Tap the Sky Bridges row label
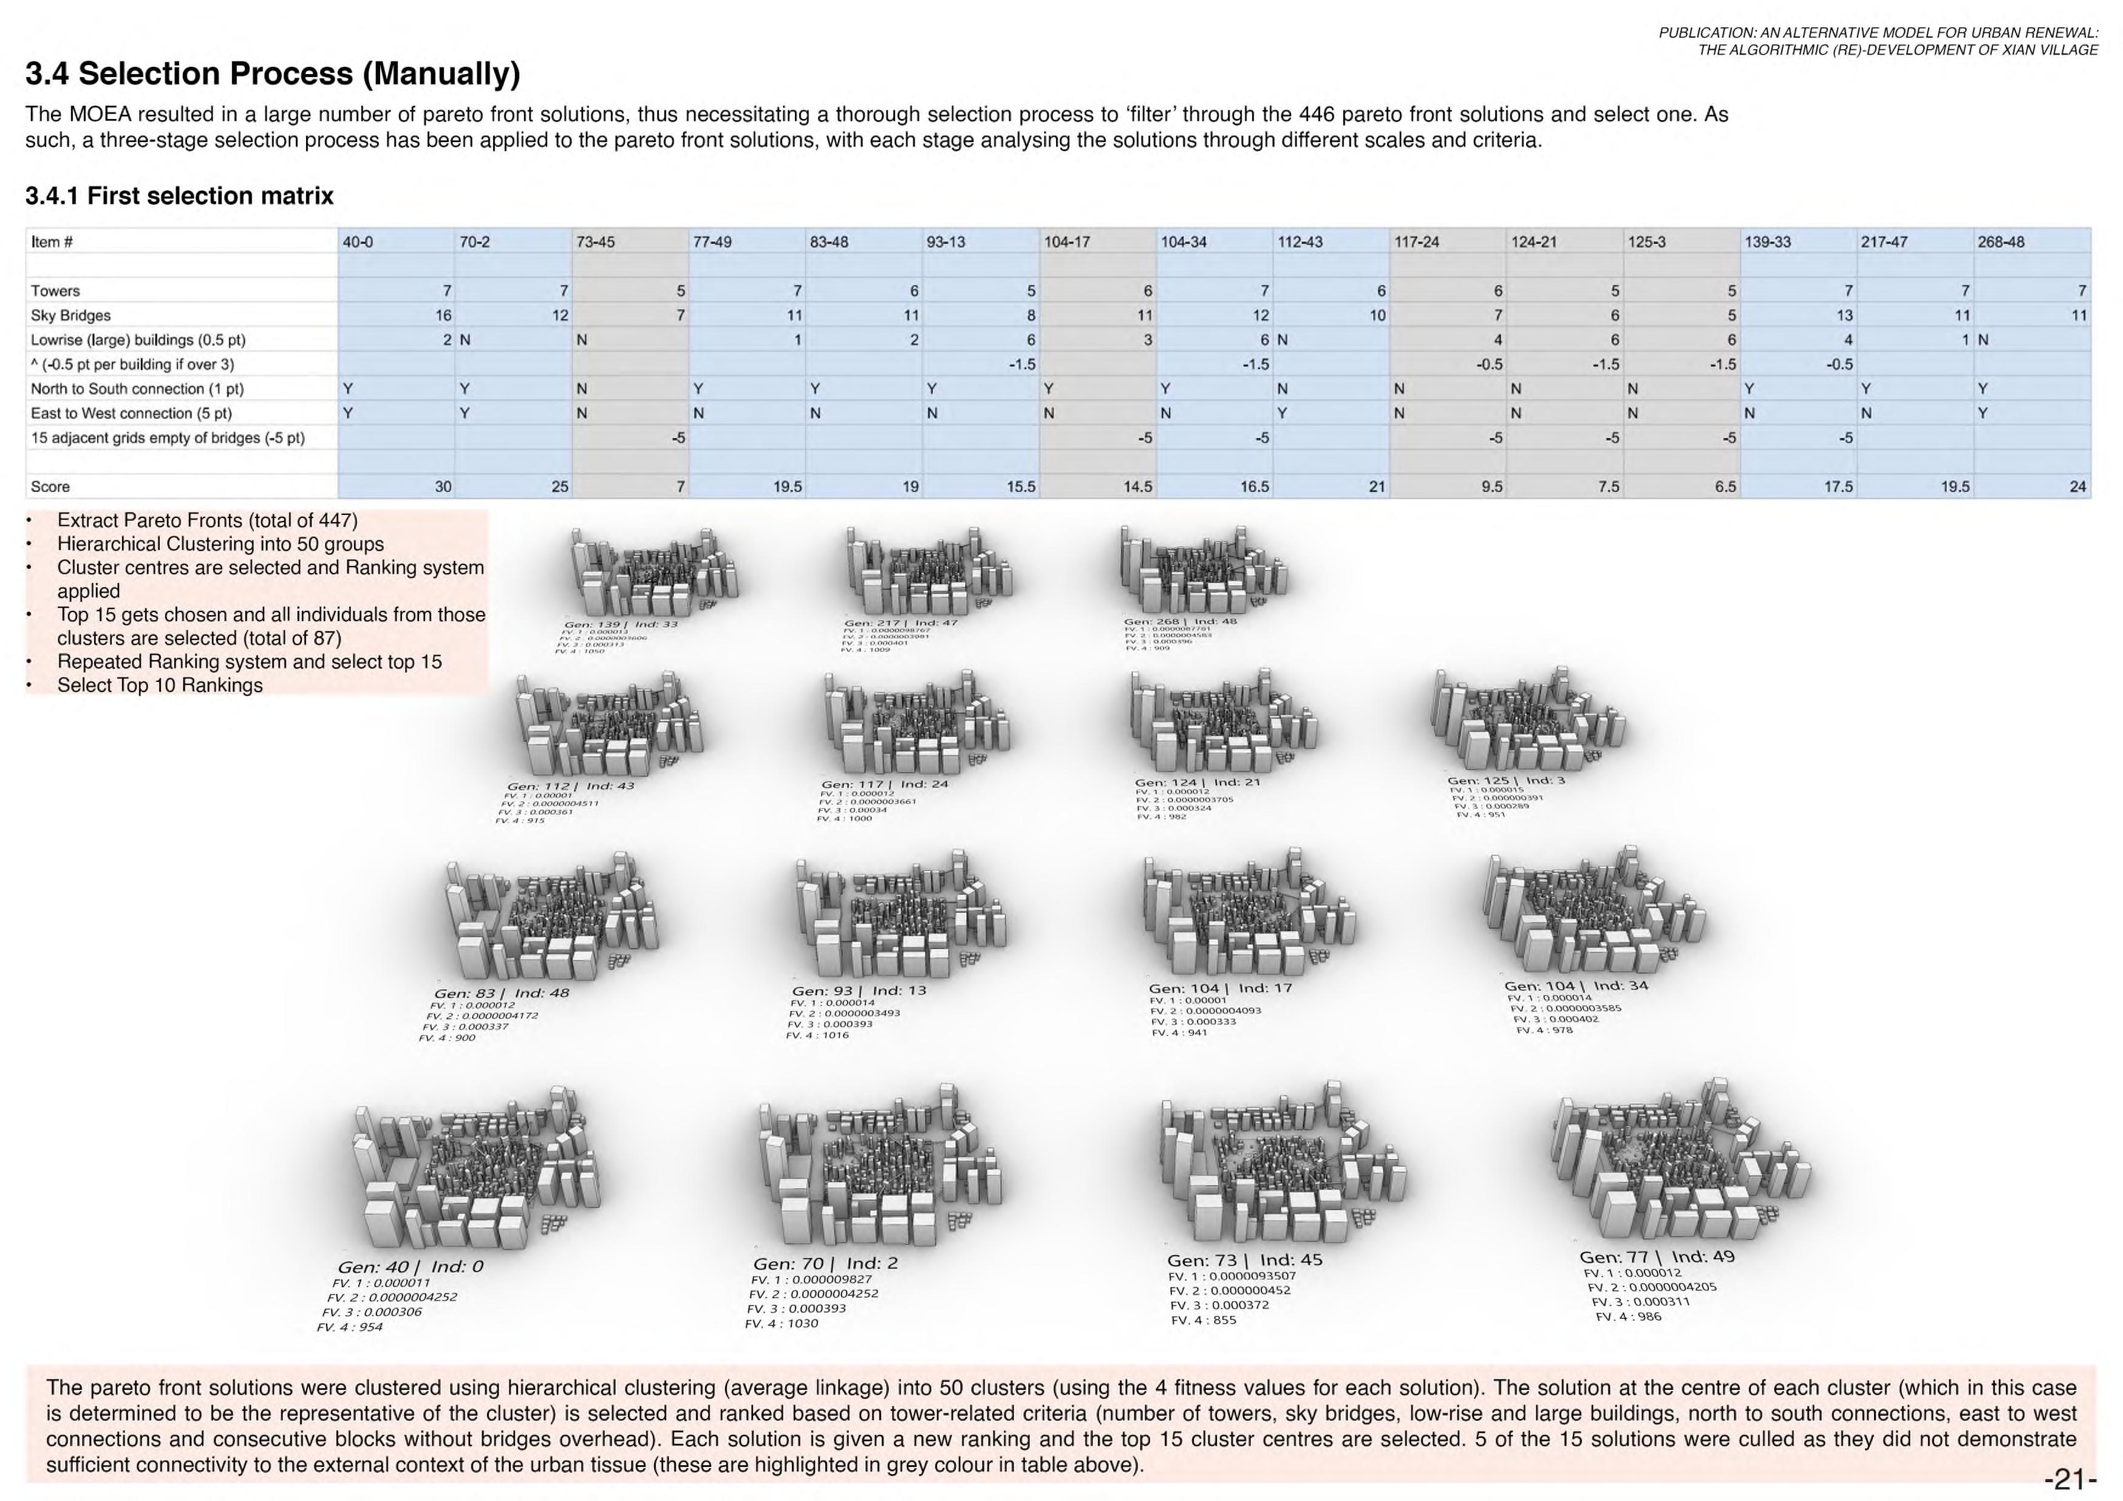pos(71,315)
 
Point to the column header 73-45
pos(596,242)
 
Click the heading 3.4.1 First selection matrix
pos(179,196)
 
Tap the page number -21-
pos(2070,1480)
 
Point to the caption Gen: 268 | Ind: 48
pos(1180,622)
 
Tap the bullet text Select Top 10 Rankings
pos(160,686)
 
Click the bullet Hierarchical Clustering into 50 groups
pos(220,544)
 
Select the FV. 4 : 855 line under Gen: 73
pos(1203,1319)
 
